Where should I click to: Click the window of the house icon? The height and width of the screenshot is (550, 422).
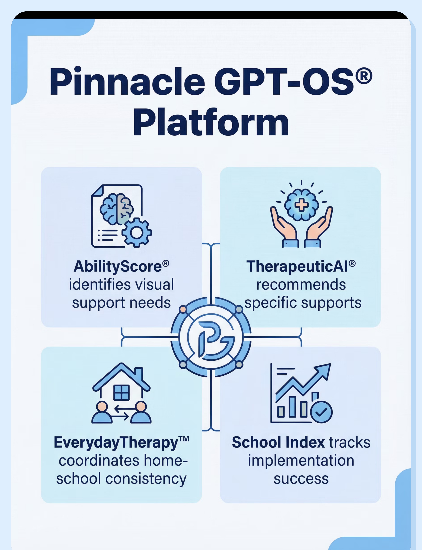pos(122,393)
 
